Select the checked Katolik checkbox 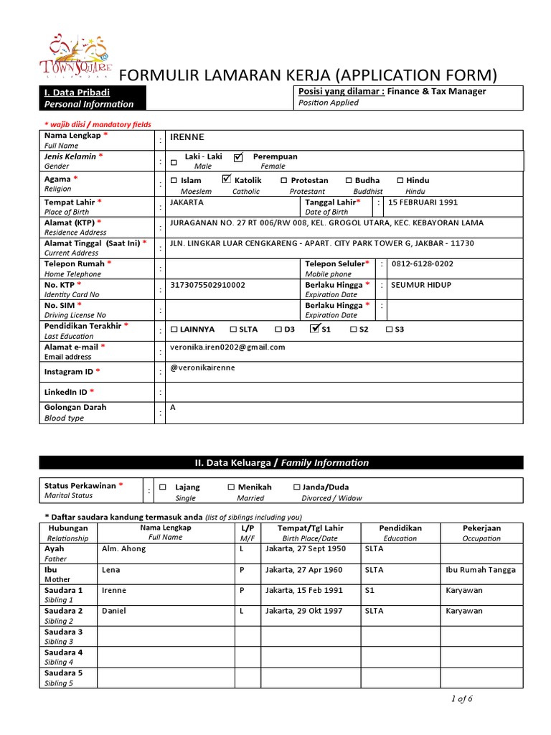227,179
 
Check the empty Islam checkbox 174,181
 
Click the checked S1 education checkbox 314,329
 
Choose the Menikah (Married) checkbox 231,487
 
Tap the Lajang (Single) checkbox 163,487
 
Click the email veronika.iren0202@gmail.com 227,347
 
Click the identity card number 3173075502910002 207,285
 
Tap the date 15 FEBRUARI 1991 423,202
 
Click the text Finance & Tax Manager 437,91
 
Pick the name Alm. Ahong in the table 124,548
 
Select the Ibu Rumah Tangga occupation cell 480,570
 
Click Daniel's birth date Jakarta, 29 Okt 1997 304,611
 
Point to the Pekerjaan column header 481,528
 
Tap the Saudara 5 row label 63,673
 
